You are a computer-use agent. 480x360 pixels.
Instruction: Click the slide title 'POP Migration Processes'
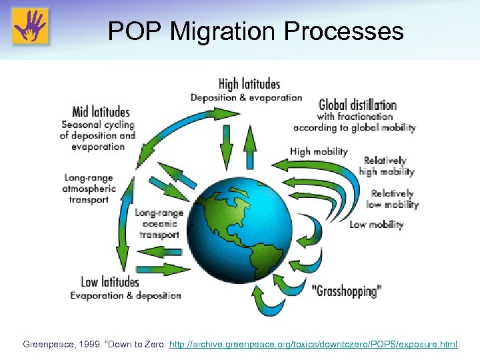[255, 31]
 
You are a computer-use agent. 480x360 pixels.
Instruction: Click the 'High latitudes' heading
[249, 84]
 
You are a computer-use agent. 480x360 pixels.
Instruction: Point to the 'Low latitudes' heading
[110, 281]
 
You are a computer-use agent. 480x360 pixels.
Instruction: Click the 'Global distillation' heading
[357, 105]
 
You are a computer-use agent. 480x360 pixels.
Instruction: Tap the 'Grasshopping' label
[347, 291]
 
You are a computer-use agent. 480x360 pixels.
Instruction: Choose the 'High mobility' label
[319, 151]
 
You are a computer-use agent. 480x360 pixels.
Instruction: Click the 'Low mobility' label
[376, 224]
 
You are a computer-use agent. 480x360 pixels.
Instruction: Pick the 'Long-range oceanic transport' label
[159, 223]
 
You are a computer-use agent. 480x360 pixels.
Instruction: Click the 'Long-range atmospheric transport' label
[89, 189]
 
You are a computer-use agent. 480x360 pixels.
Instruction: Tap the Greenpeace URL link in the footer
[313, 345]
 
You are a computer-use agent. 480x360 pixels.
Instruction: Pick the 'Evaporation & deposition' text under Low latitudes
[126, 295]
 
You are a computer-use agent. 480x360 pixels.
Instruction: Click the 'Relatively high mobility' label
[386, 166]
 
